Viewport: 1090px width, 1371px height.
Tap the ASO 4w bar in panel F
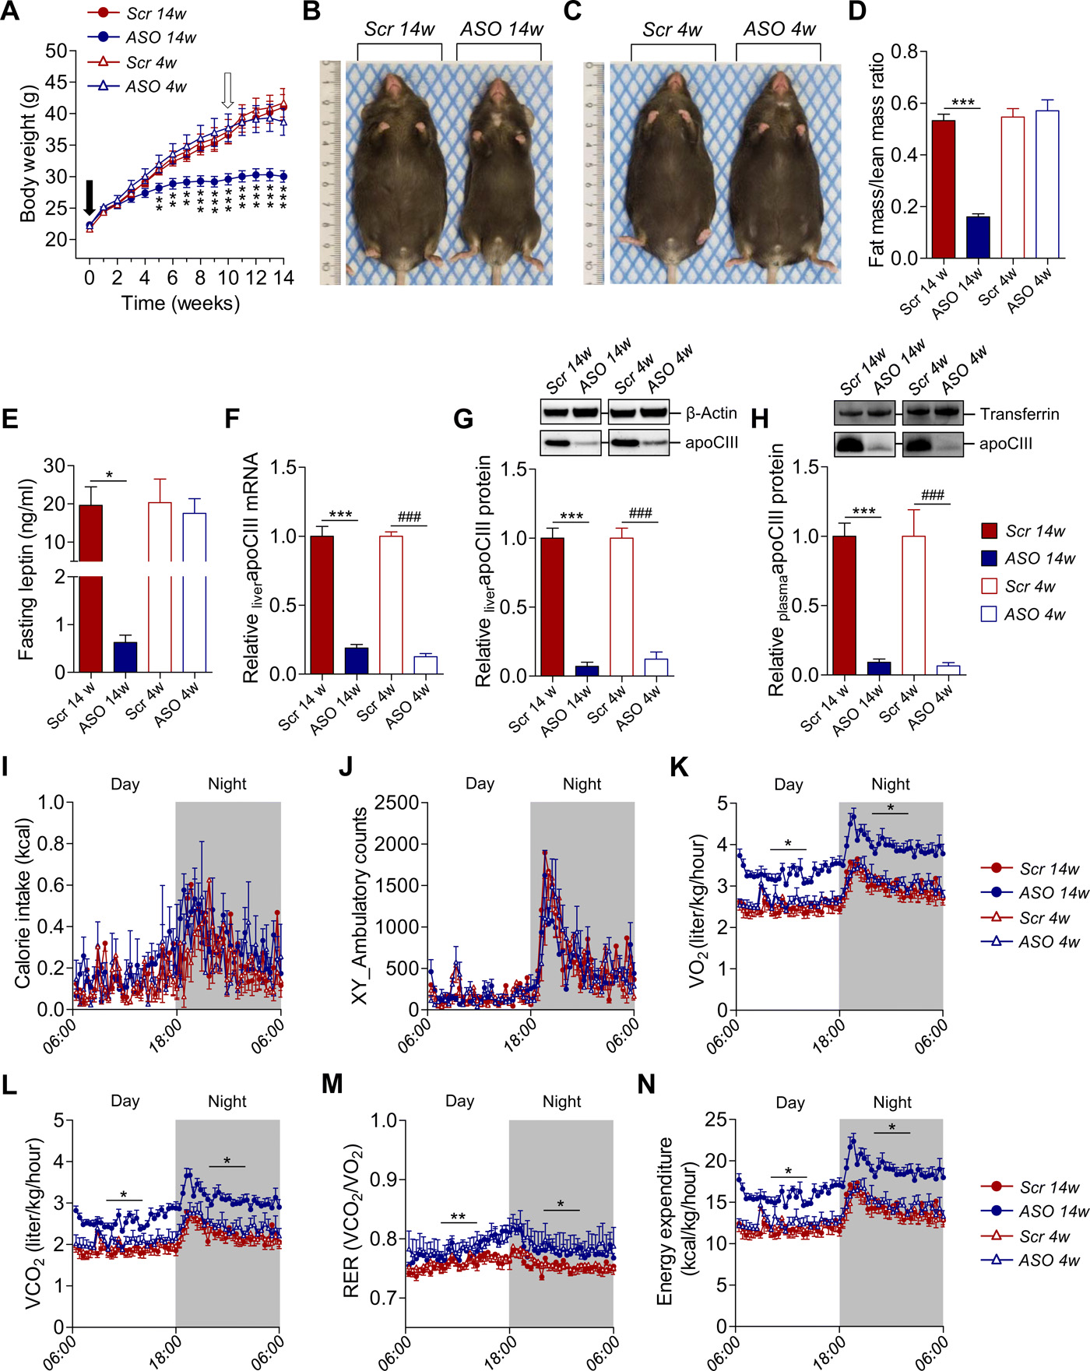pyautogui.click(x=425, y=665)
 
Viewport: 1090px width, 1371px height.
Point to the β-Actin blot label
pyautogui.click(x=711, y=413)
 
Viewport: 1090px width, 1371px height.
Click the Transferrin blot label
pyautogui.click(x=1019, y=414)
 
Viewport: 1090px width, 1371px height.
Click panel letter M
pyautogui.click(x=332, y=1084)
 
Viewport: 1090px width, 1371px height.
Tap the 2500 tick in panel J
pyautogui.click(x=396, y=803)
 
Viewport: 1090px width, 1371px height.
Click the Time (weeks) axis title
pyautogui.click(x=181, y=303)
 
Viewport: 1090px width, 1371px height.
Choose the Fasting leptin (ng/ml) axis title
pyautogui.click(x=26, y=570)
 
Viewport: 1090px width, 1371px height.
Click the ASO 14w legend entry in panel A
pyautogui.click(x=160, y=37)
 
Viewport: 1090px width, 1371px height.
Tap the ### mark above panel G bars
pyautogui.click(x=640, y=513)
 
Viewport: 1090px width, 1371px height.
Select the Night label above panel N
pyautogui.click(x=892, y=1102)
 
